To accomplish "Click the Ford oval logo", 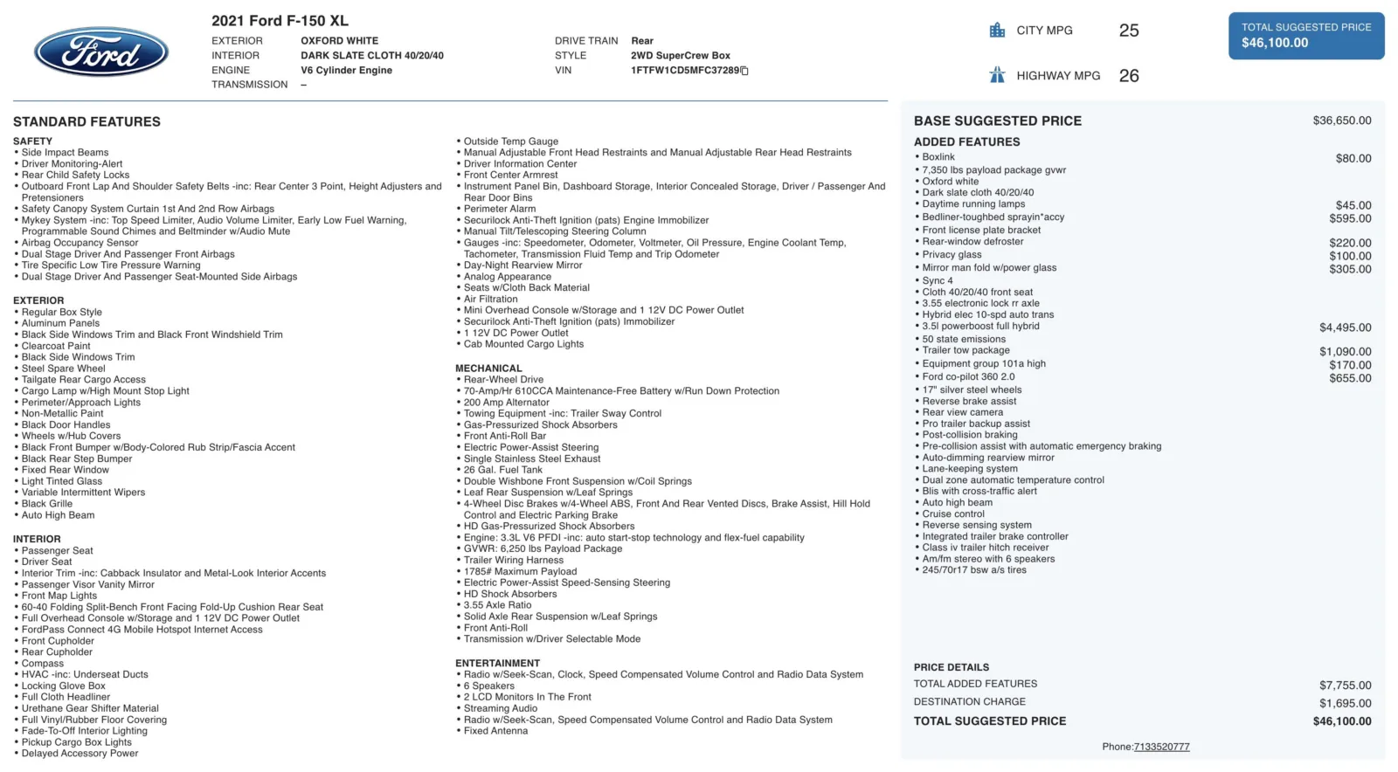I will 101,52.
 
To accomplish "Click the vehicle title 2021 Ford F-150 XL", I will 280,20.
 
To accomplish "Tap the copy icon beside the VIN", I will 744,71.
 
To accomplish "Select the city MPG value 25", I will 1129,31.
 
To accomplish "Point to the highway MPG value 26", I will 1129,76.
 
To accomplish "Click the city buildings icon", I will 997,31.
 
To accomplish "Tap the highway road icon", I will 997,75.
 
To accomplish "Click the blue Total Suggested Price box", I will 1305,36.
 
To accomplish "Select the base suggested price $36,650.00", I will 1341,121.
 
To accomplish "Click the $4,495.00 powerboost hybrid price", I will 1345,327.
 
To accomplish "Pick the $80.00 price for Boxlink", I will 1353,158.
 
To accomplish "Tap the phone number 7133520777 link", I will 1161,747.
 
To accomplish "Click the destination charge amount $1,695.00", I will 1345,703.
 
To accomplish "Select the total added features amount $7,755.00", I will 1345,686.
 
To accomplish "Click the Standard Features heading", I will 87,121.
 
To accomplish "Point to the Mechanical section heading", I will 488,369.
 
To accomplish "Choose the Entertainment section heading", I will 497,664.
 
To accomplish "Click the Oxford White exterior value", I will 339,41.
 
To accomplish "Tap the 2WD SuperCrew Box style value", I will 680,56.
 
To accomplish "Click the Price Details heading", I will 952,667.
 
